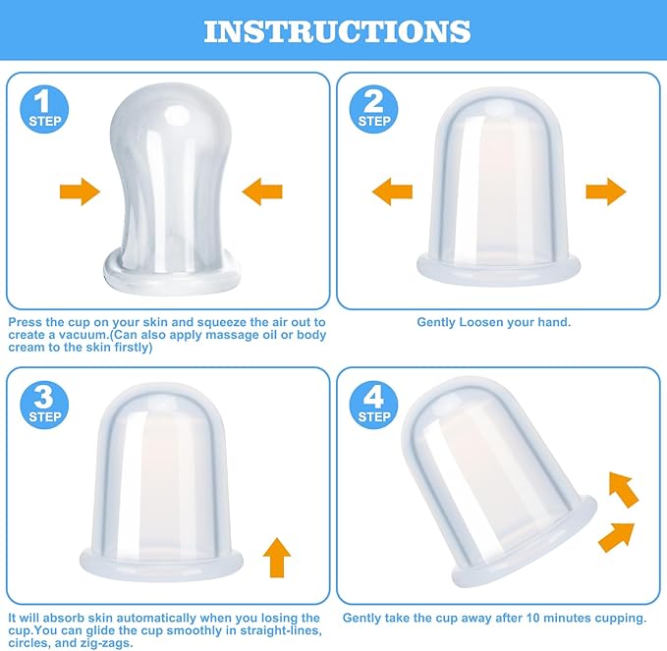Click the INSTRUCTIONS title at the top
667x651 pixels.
pyautogui.click(x=336, y=30)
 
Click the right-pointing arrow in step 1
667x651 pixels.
pyautogui.click(x=80, y=191)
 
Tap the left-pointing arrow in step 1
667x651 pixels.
pyautogui.click(x=262, y=191)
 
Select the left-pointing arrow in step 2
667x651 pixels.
pyautogui.click(x=393, y=191)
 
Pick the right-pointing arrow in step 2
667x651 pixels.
pyautogui.click(x=606, y=191)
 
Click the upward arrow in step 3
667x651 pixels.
pyautogui.click(x=277, y=558)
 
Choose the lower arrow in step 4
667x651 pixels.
pyautogui.click(x=615, y=536)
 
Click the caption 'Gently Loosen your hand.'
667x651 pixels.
pyautogui.click(x=494, y=322)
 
